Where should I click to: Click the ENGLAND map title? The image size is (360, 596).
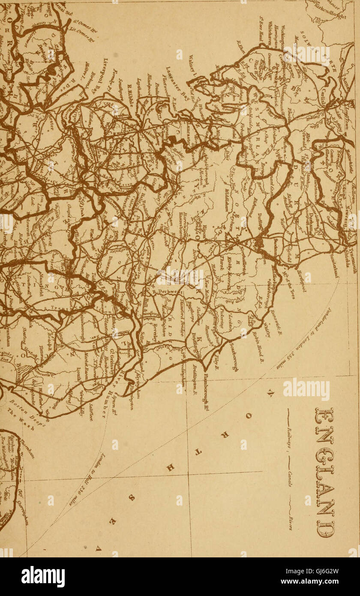click(x=324, y=472)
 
